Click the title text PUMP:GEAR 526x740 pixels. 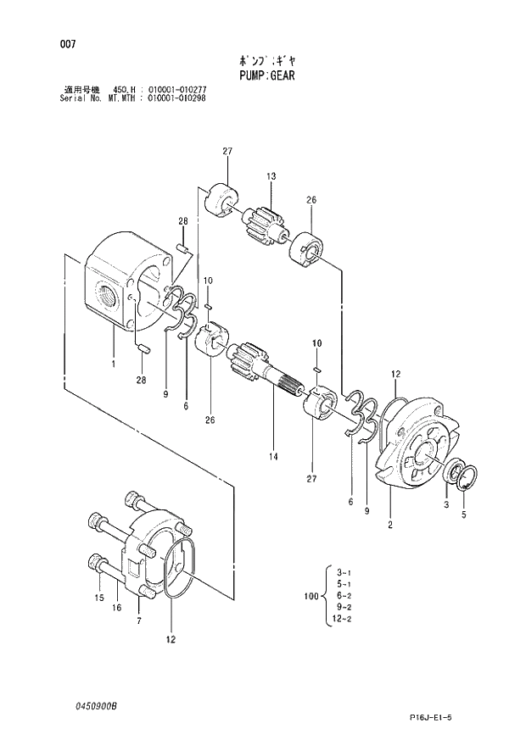[262, 75]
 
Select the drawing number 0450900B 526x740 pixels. [94, 705]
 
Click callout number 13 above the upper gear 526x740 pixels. [271, 176]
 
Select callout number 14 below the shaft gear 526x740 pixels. [274, 457]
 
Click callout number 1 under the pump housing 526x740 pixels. [113, 365]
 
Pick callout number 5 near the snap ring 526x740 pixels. [463, 514]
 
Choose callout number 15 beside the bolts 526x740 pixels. [98, 598]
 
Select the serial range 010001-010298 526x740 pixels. [176, 97]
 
